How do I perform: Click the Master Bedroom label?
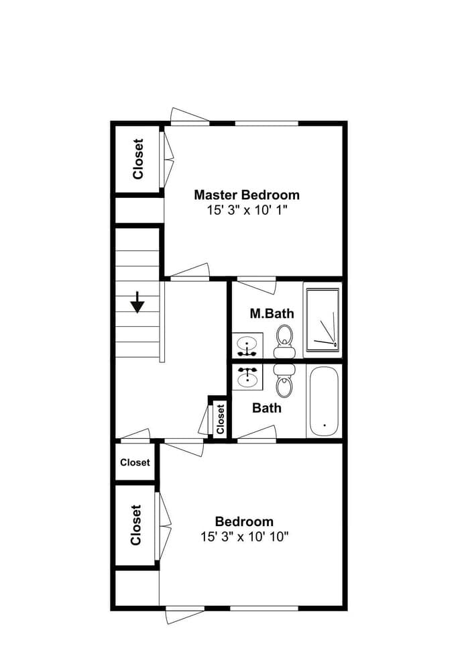tap(247, 195)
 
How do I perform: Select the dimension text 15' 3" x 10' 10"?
tap(244, 537)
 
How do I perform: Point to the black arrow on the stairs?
tap(137, 303)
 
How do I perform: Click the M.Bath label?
tap(272, 313)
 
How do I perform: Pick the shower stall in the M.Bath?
tap(323, 319)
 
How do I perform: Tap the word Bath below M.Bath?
tap(267, 408)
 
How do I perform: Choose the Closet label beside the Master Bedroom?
tap(138, 159)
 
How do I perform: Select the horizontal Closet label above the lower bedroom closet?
tap(135, 462)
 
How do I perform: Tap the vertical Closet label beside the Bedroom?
tap(136, 525)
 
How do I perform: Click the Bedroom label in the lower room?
tap(244, 521)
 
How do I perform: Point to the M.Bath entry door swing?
tap(257, 285)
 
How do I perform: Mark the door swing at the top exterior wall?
tap(190, 115)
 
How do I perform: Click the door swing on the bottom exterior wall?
tap(185, 615)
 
